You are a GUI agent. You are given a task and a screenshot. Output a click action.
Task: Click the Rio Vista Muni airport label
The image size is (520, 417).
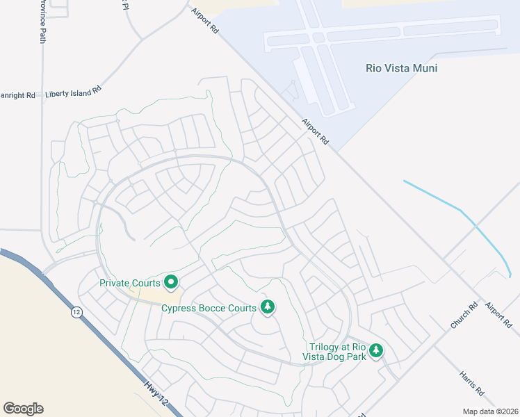pyautogui.click(x=401, y=68)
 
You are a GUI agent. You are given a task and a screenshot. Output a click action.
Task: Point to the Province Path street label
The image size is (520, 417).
pyautogui.click(x=42, y=21)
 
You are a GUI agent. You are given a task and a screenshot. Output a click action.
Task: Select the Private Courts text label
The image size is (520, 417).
pyautogui.click(x=130, y=283)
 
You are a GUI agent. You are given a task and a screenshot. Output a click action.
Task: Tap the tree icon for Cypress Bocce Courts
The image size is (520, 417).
pyautogui.click(x=267, y=306)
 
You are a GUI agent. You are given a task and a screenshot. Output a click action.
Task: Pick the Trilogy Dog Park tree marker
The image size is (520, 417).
pyautogui.click(x=376, y=350)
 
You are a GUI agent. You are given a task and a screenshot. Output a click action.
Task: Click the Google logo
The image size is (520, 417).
pyautogui.click(x=23, y=408)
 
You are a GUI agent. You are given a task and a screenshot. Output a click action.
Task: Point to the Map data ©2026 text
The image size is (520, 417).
pyautogui.click(x=490, y=411)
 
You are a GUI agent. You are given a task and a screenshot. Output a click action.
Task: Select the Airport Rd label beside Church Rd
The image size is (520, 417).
pyautogui.click(x=498, y=314)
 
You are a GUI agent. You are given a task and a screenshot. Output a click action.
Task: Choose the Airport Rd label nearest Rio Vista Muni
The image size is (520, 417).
pyautogui.click(x=315, y=131)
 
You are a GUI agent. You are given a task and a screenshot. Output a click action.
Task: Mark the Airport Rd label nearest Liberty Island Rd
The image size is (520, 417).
pyautogui.click(x=206, y=21)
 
